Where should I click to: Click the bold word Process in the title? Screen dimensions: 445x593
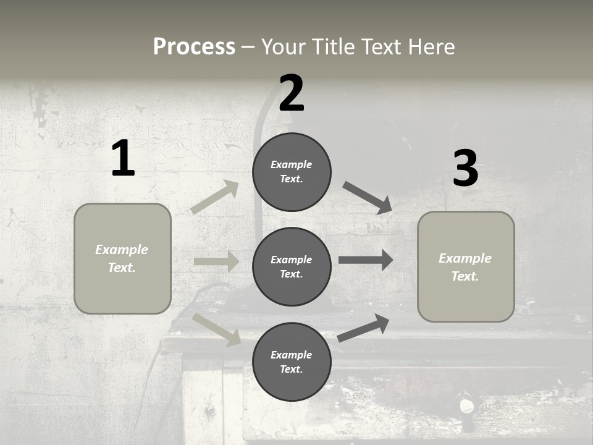(194, 46)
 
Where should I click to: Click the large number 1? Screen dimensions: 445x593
(123, 159)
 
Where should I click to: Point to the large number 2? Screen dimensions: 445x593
(292, 93)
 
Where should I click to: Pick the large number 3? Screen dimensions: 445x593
(465, 168)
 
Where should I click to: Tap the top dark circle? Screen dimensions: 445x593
(292, 172)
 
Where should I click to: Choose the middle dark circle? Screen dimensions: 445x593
(292, 266)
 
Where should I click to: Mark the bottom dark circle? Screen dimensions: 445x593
(292, 362)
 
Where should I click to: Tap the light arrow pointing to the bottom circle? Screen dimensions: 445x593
(216, 329)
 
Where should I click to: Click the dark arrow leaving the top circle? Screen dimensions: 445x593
(368, 198)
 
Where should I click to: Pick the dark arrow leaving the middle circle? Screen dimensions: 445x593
(366, 260)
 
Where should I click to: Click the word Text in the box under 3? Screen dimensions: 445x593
(465, 276)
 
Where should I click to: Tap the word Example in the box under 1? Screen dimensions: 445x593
(122, 250)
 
